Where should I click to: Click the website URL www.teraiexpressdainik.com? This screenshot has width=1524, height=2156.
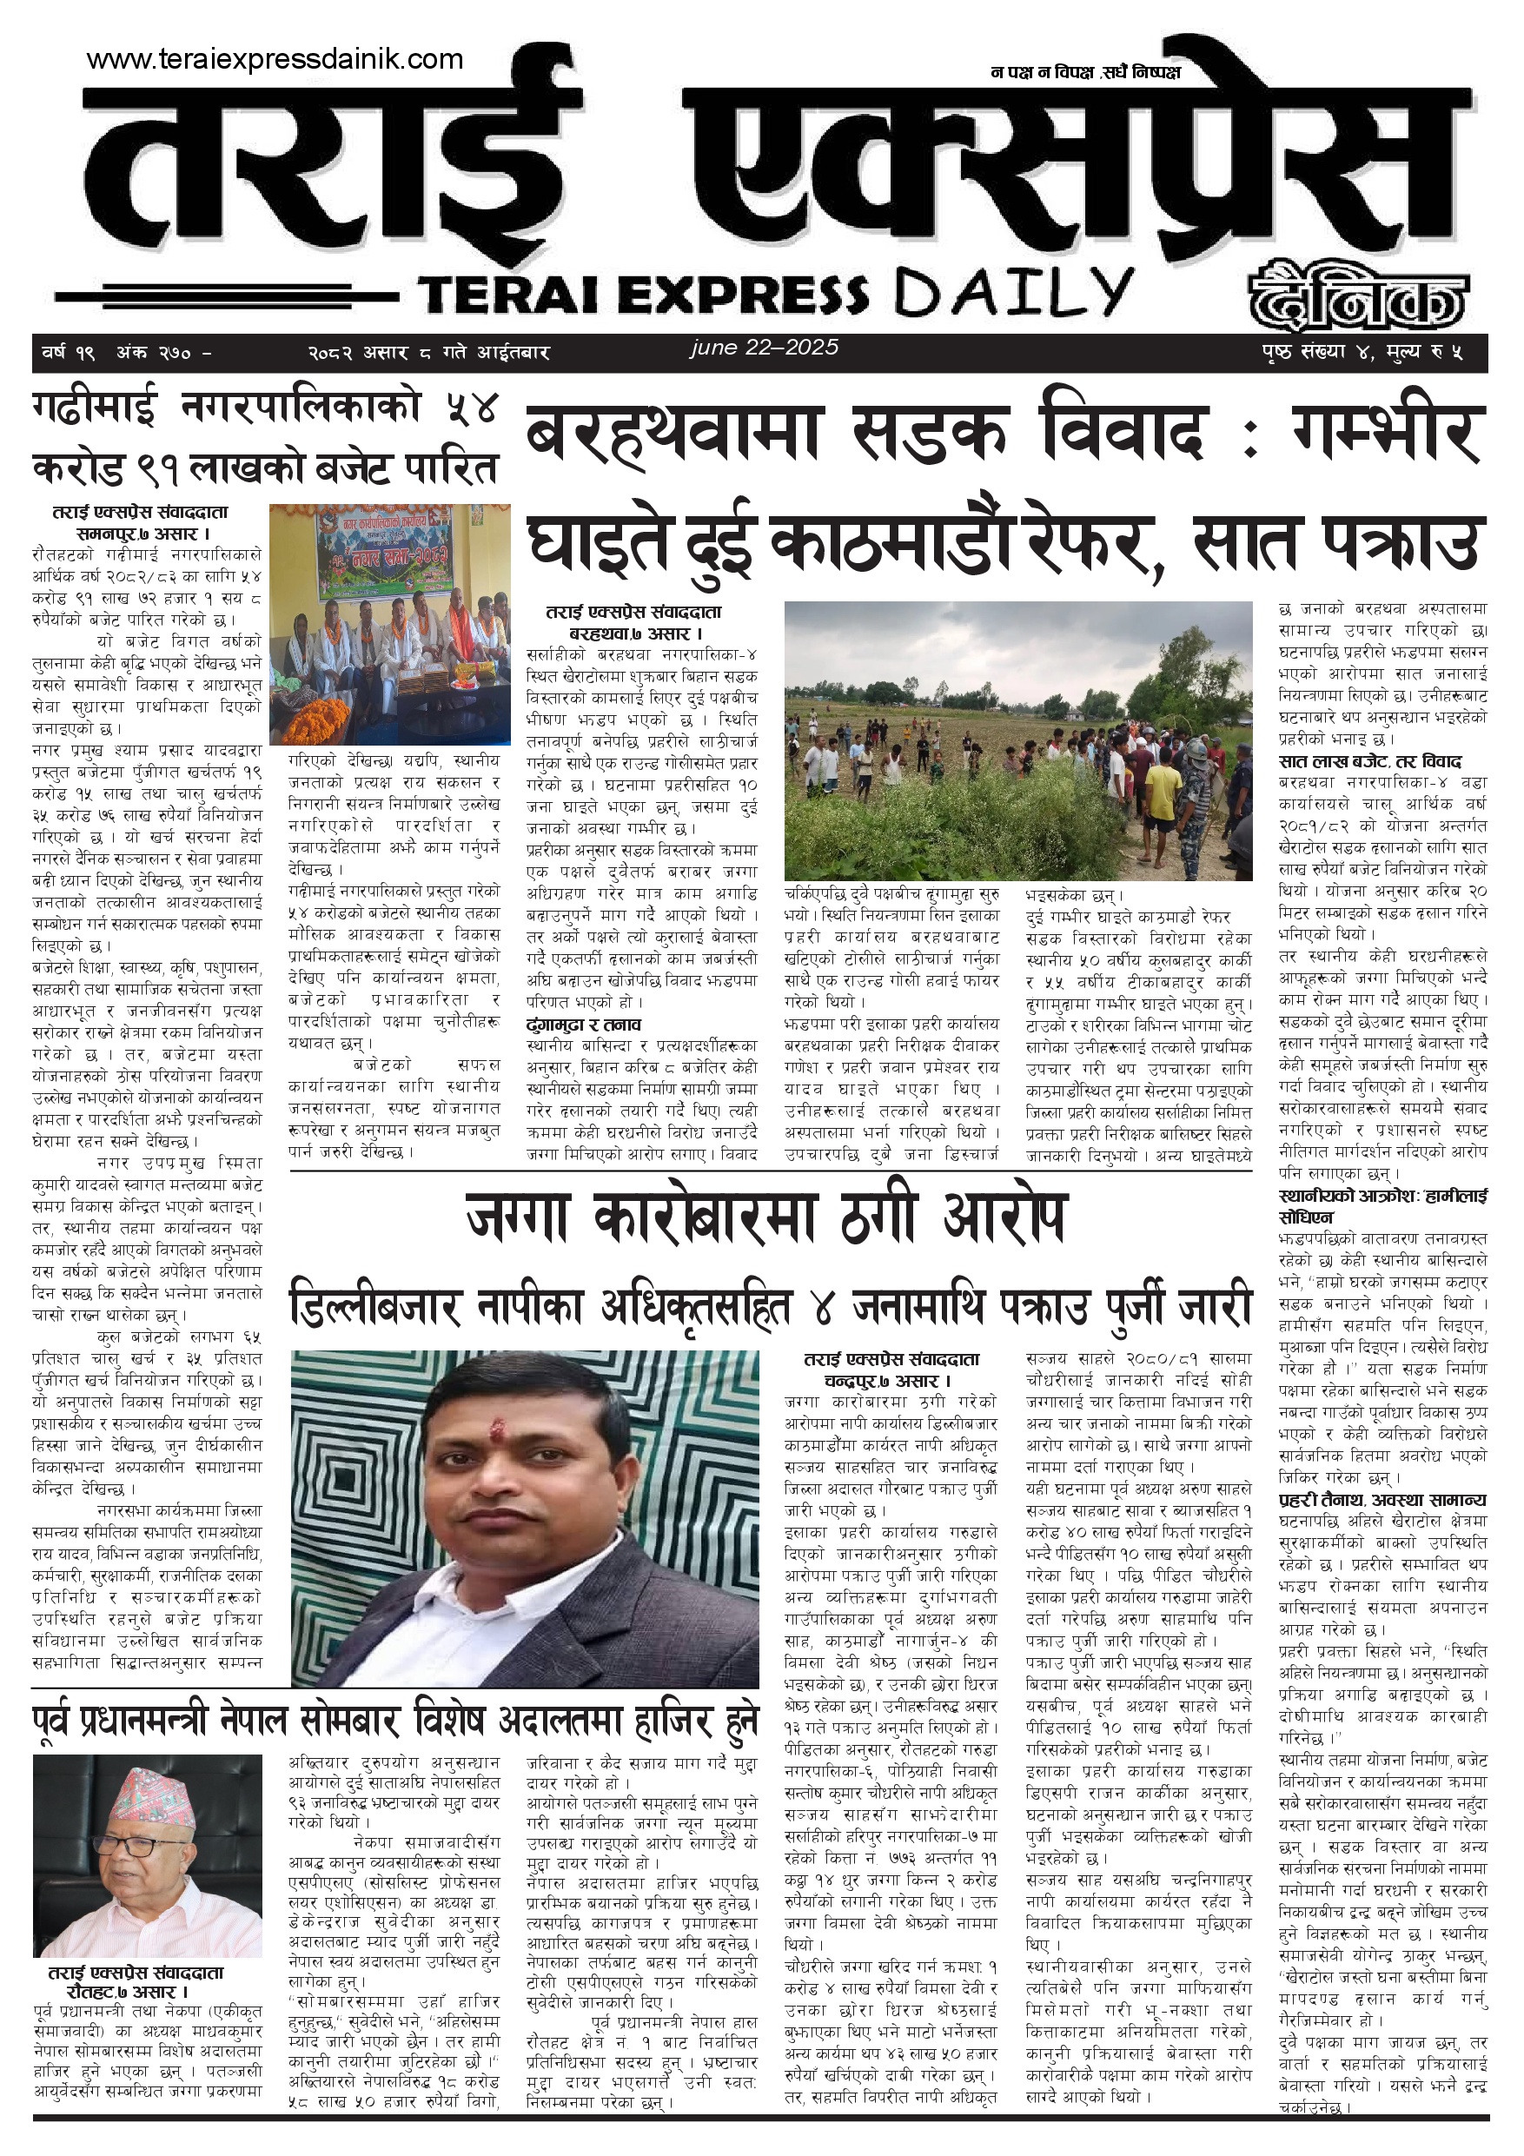pos(275,60)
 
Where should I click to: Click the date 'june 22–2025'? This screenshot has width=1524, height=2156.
pos(765,348)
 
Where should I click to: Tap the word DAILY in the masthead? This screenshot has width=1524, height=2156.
pos(1014,293)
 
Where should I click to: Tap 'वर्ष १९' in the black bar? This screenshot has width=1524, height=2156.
pos(69,353)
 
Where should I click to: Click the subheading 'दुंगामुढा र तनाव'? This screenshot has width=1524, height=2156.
pos(583,1025)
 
